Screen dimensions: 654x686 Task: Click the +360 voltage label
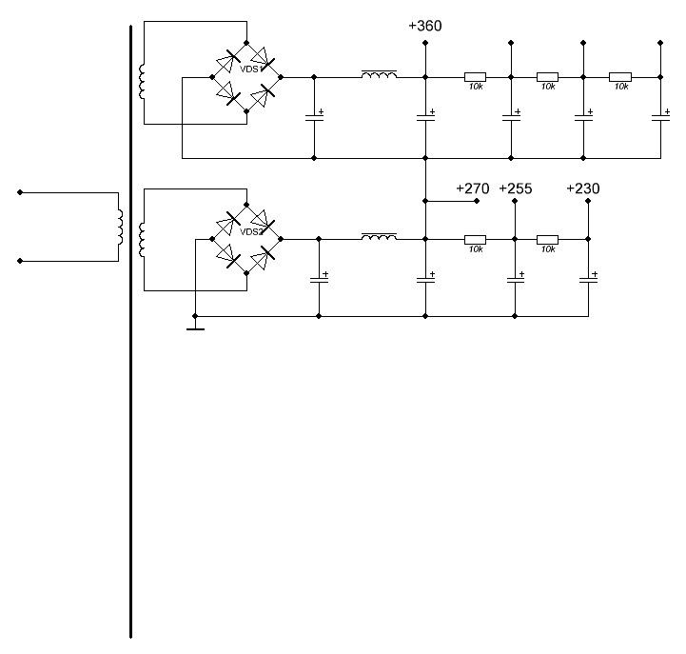[424, 26]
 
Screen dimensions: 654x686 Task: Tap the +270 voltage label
[472, 188]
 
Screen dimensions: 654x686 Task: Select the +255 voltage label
[515, 188]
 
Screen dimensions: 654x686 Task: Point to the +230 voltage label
[582, 188]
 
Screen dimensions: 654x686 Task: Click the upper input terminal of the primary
[20, 192]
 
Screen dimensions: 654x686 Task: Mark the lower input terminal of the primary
[20, 260]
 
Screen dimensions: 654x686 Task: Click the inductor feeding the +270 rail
[379, 236]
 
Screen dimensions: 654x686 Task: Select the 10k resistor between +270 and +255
[475, 239]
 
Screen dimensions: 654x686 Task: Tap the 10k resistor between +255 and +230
[547, 239]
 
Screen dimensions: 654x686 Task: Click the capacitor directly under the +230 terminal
[588, 278]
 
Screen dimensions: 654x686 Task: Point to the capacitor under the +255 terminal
[515, 278]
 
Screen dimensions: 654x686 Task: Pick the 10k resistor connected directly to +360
[475, 77]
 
